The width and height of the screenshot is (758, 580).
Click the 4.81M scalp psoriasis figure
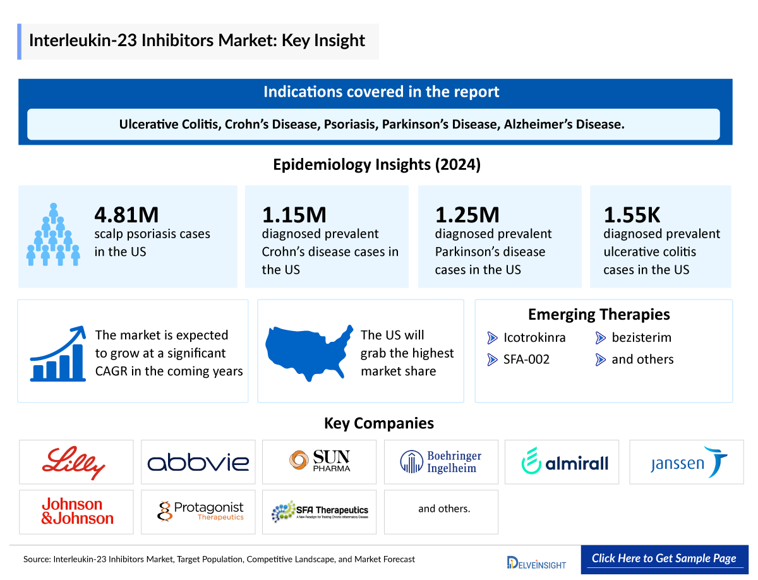pos(126,215)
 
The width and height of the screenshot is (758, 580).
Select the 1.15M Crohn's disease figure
pos(294,215)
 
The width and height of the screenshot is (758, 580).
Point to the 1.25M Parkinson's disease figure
pos(467,215)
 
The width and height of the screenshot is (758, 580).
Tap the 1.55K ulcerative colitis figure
pos(632,215)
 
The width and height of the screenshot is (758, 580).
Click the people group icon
pos(53,234)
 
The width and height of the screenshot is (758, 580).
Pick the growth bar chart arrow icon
pos(57,354)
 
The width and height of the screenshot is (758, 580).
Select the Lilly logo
pos(74,462)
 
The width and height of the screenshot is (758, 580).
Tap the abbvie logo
pos(198,462)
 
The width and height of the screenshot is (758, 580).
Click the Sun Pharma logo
pos(319,462)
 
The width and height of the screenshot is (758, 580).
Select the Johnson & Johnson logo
pos(77,511)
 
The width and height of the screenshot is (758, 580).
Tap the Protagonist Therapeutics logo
pos(200,511)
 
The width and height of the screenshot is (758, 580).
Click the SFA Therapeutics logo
pos(319,511)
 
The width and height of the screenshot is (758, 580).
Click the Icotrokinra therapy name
pos(534,337)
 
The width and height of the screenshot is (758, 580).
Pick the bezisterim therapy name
pos(641,337)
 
